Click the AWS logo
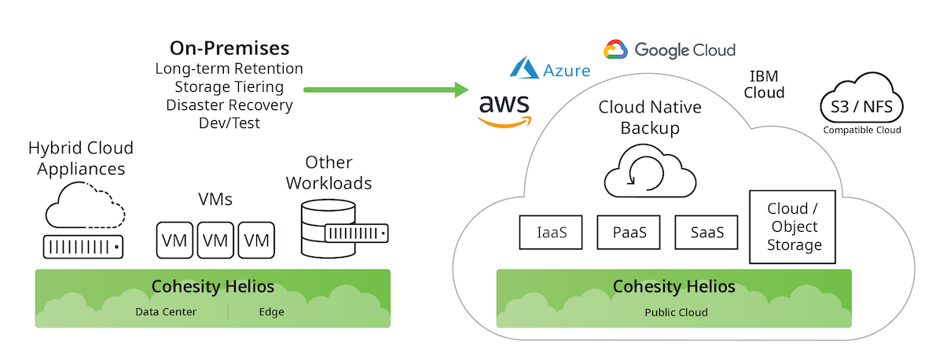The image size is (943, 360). (505, 109)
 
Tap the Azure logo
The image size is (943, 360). (550, 69)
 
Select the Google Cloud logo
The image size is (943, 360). (670, 50)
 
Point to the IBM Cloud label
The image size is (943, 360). (766, 84)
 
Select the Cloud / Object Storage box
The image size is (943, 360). (792, 226)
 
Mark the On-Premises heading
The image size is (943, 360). (229, 48)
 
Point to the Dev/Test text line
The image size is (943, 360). (229, 123)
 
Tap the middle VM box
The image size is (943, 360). (215, 240)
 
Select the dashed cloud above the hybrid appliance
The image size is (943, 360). (85, 204)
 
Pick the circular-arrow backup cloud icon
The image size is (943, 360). (649, 174)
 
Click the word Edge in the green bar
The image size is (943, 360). (272, 312)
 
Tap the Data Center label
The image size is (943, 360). (166, 312)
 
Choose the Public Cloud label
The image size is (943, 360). (676, 312)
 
